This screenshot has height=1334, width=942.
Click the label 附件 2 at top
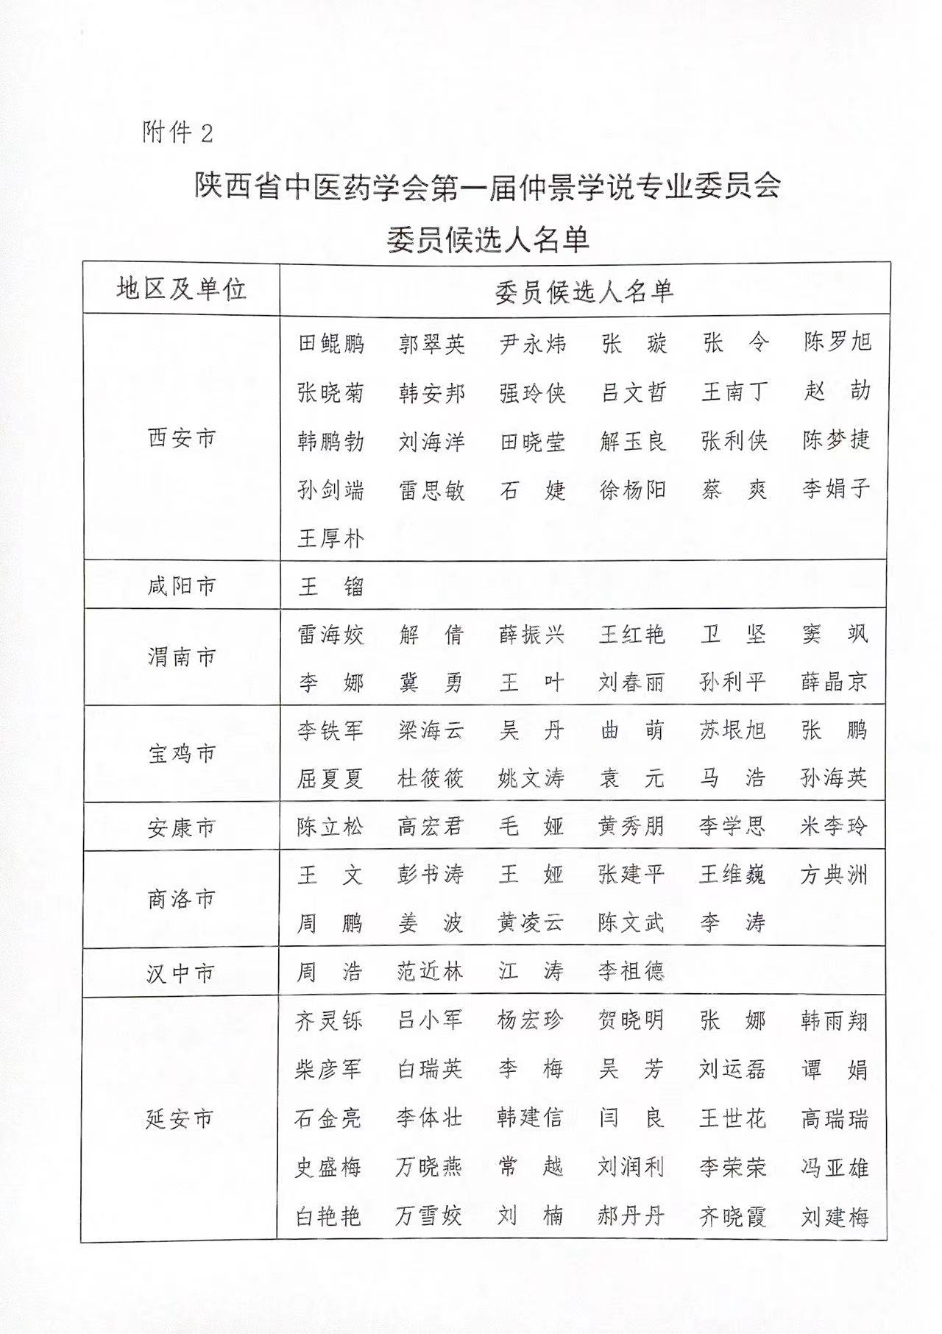177,133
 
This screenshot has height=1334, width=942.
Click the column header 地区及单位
181,289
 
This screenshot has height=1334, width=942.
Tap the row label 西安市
181,439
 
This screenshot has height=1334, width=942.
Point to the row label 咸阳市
181,586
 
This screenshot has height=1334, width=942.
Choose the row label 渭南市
181,656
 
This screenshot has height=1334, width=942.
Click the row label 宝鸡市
181,753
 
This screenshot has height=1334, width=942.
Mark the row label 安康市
181,827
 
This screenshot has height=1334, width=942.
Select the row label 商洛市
181,899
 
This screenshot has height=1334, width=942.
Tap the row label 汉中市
181,973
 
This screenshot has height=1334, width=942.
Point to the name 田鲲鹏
331,343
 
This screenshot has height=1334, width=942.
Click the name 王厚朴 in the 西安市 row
330,537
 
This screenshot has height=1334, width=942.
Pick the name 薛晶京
835,682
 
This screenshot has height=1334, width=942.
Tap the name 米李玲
834,826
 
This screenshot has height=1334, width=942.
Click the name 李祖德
631,972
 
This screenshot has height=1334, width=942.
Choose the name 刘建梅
835,1216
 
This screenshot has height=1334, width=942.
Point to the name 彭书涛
431,875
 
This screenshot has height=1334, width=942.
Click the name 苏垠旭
732,730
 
